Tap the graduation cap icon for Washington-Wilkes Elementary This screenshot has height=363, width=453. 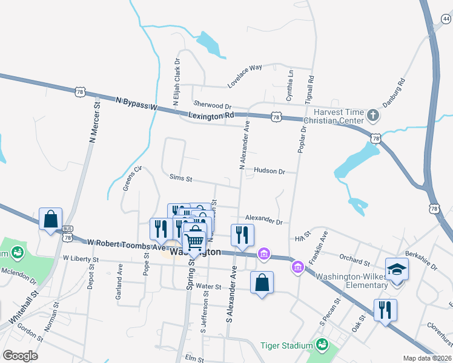(x=397, y=268)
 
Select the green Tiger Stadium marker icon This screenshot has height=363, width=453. (x=322, y=345)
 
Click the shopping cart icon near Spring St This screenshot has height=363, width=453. (x=194, y=241)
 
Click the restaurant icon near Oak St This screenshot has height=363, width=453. (x=385, y=309)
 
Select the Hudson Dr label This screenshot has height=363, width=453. (x=269, y=171)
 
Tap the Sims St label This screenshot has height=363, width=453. (x=180, y=179)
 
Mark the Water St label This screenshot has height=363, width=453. (x=209, y=286)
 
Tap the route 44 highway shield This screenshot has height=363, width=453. (x=446, y=19)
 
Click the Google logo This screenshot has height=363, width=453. (x=21, y=355)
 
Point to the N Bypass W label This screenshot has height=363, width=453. (x=136, y=105)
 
